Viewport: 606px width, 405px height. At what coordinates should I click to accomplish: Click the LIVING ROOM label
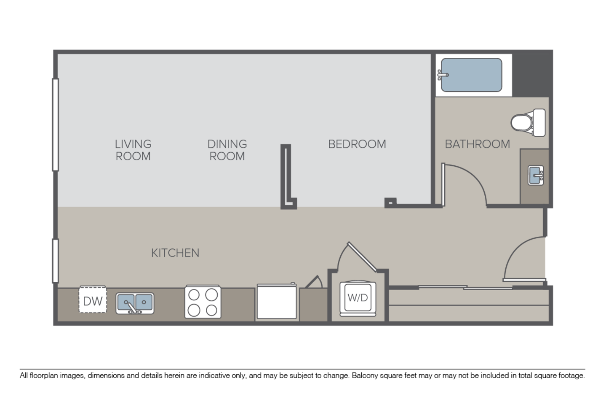133,150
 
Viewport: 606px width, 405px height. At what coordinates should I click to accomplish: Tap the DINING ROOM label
227,150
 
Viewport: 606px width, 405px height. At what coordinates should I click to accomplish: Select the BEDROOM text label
357,144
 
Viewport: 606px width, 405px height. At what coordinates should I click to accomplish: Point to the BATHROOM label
477,144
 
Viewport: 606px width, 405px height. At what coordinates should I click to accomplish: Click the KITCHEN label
175,253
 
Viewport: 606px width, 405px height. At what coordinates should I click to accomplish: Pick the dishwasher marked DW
93,301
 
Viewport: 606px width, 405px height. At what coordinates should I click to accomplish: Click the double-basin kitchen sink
135,303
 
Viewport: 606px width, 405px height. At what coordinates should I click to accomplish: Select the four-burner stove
203,302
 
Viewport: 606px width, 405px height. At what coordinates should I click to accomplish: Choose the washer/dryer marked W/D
358,298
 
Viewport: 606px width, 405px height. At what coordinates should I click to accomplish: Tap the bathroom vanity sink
536,175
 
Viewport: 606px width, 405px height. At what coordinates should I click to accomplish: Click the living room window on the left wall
55,125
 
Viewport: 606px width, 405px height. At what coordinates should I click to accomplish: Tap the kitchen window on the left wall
55,260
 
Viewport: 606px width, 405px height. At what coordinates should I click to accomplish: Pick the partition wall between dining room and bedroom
286,176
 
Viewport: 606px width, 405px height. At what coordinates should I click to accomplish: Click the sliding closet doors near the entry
465,288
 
